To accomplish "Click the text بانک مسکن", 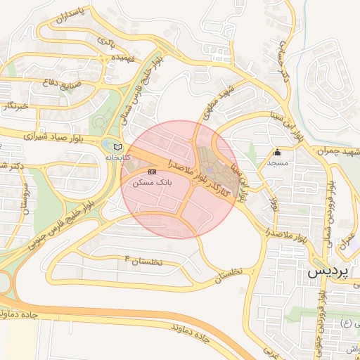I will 150,182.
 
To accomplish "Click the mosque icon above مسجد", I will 277,152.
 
